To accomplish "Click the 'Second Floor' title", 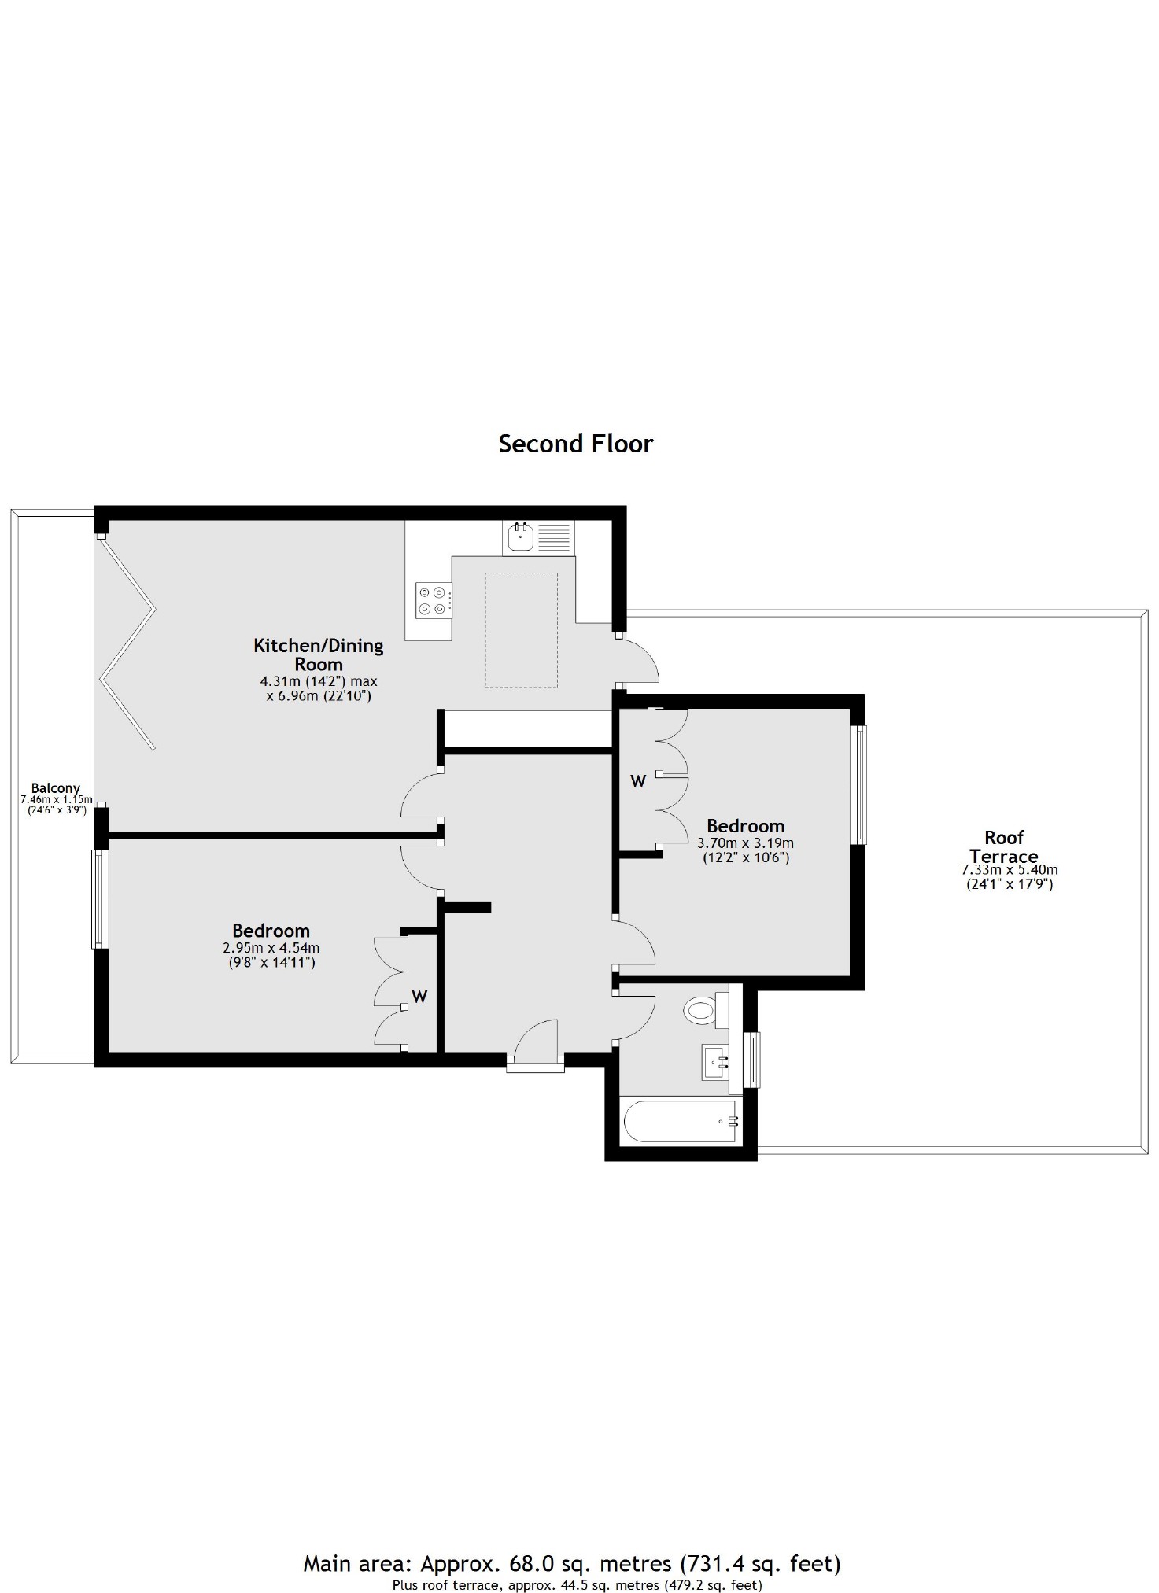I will tap(575, 444).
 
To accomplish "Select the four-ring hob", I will tap(434, 598).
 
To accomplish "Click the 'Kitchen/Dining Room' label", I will tap(318, 655).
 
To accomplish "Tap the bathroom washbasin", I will tap(715, 1063).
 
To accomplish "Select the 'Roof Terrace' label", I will tap(1004, 846).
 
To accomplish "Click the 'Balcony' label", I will tap(55, 787).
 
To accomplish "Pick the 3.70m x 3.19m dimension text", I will tap(745, 843).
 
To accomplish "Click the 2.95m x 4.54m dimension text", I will tap(271, 948).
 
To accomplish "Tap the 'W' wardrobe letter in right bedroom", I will tap(638, 781).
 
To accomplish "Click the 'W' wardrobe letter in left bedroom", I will tap(419, 997).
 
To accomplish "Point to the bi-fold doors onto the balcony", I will tap(127, 641).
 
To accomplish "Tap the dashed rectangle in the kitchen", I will tap(521, 630).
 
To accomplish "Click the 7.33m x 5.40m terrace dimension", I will tap(1010, 870).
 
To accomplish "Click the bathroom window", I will tap(754, 1059).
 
